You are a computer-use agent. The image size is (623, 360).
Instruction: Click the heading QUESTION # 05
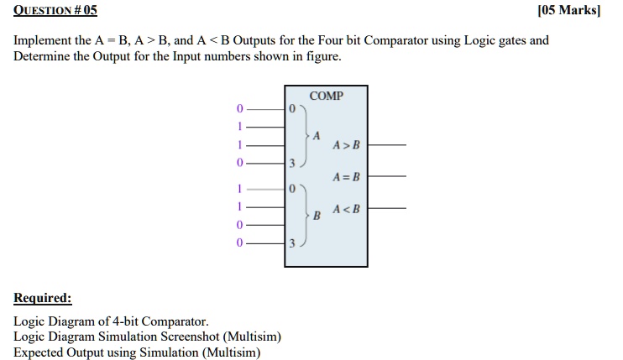55,10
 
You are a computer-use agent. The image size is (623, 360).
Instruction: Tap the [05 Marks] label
569,10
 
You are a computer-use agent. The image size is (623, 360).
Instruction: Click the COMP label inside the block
327,96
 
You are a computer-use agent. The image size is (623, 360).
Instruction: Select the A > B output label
346,145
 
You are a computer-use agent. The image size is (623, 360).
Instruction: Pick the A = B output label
346,176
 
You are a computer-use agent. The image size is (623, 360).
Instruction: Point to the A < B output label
346,209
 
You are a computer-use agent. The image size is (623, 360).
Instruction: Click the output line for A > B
387,145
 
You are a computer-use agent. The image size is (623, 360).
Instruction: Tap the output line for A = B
387,176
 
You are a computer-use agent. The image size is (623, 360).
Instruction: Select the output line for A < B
387,207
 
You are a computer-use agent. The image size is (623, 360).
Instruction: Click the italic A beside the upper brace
317,136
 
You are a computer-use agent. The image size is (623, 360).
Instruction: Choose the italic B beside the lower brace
317,216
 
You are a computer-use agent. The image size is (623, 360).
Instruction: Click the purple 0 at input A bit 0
239,108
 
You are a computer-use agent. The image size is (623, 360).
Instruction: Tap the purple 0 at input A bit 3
239,162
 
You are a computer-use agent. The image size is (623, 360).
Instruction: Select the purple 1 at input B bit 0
239,188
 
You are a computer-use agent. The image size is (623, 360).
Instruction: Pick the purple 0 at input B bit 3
239,243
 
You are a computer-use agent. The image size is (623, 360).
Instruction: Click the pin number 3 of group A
292,163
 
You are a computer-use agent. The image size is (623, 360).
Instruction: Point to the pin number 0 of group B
292,189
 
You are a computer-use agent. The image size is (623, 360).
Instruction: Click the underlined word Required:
43,298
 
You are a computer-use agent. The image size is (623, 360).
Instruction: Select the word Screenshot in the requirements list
190,337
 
